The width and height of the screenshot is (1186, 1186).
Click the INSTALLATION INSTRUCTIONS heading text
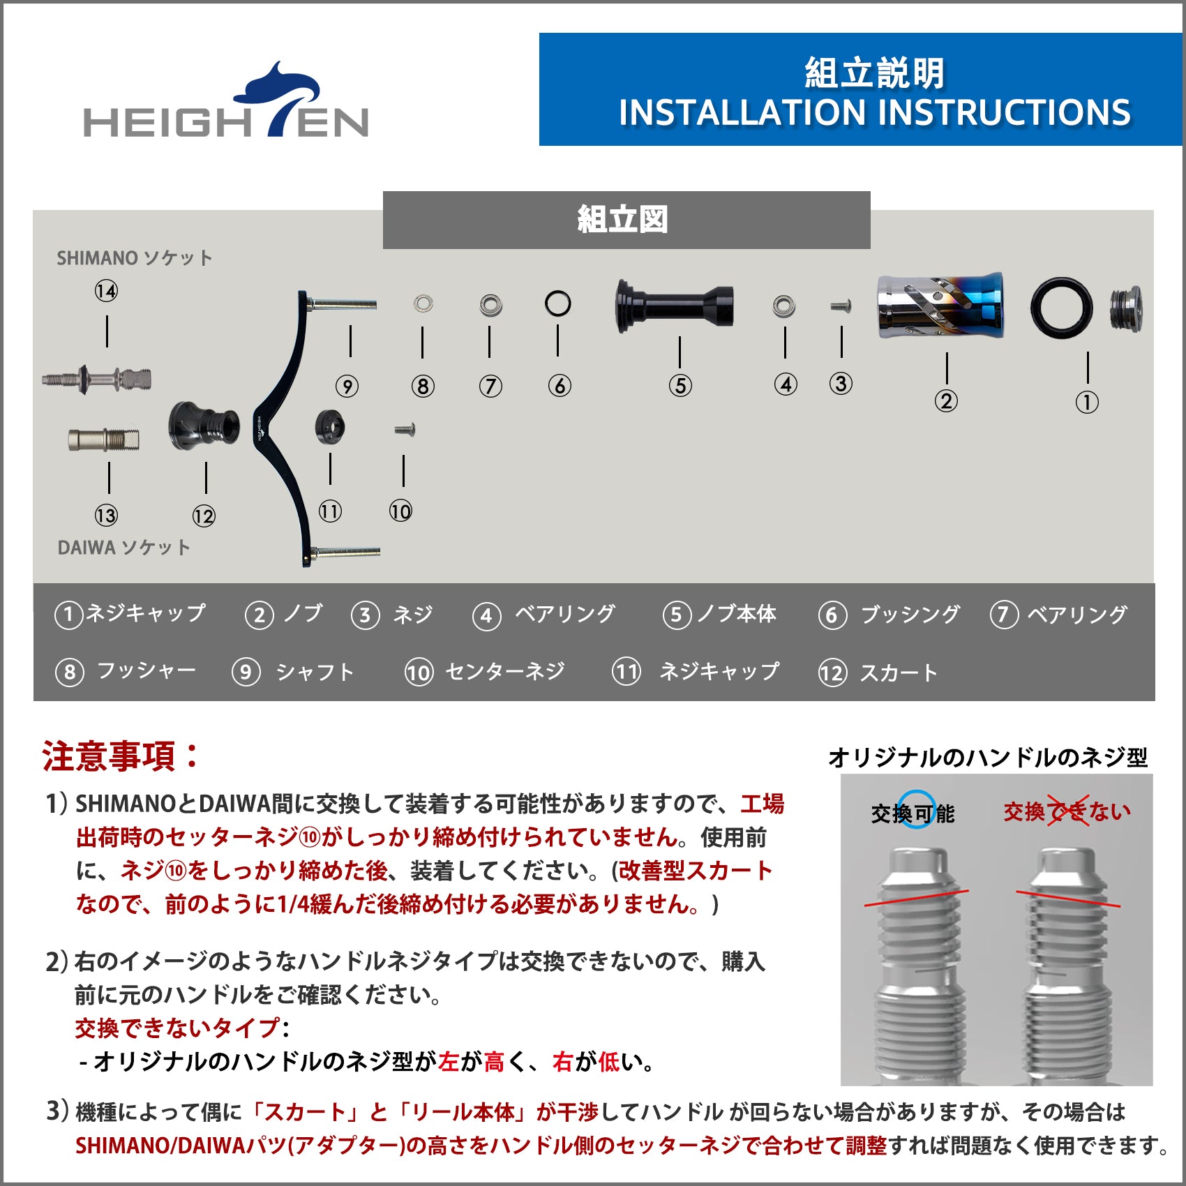pyautogui.click(x=874, y=113)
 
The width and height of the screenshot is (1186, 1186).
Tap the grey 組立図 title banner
pyautogui.click(x=626, y=220)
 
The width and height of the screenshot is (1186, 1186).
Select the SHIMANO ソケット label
pyautogui.click(x=135, y=258)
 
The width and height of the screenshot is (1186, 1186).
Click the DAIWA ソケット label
pyautogui.click(x=124, y=548)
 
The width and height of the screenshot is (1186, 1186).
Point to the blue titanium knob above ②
pyautogui.click(x=940, y=305)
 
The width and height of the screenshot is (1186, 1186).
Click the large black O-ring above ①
pyautogui.click(x=1061, y=308)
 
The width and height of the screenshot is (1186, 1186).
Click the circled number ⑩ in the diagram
pyautogui.click(x=400, y=511)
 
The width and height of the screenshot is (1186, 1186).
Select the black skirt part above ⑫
pyautogui.click(x=204, y=426)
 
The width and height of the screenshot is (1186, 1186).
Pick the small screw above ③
pyautogui.click(x=841, y=306)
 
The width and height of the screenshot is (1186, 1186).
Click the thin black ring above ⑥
pyautogui.click(x=557, y=303)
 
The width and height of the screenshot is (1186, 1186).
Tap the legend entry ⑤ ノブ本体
pyautogui.click(x=719, y=615)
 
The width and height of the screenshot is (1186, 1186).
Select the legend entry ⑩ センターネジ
pyautogui.click(x=486, y=672)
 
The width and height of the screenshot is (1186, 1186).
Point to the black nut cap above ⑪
pyautogui.click(x=330, y=426)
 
